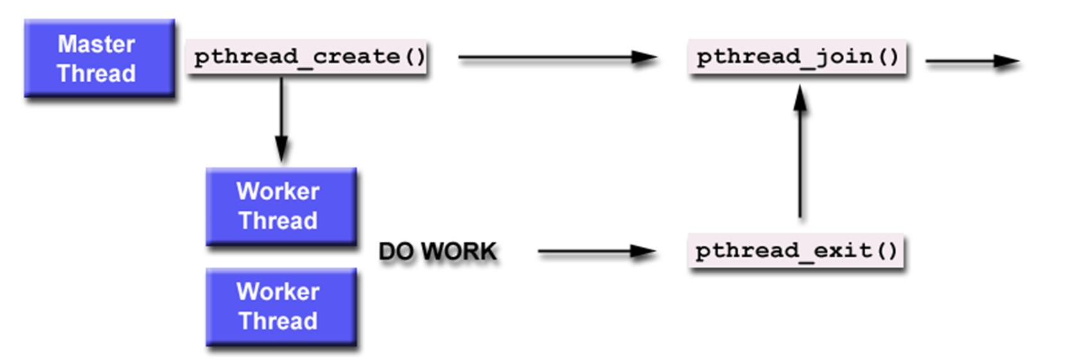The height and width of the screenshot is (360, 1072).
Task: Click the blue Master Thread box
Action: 99,58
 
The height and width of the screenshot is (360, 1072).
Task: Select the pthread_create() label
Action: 308,57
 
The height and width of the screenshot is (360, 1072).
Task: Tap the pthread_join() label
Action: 797,57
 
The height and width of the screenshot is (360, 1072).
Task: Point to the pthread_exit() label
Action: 796,251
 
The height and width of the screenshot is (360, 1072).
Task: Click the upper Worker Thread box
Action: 281,206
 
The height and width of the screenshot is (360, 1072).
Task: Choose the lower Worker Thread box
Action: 281,306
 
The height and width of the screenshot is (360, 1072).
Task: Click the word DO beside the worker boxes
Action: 396,252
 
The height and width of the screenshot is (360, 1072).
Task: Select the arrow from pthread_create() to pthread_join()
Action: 552,58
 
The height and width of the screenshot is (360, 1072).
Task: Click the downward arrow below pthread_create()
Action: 281,116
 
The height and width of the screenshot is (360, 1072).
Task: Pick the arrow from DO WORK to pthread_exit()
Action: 591,252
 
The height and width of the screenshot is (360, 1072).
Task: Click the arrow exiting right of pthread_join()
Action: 969,62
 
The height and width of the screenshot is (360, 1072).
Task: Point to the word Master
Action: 96,44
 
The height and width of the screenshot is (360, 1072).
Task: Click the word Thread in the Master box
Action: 96,73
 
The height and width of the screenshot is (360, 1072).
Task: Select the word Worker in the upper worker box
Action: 278,191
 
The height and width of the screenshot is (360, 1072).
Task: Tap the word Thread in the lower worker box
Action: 278,321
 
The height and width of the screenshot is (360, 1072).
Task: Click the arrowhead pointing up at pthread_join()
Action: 800,99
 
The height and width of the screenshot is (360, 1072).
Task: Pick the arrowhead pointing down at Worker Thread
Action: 281,149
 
